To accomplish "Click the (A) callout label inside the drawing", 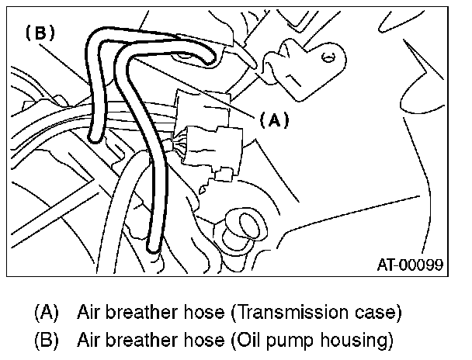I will pos(273,120).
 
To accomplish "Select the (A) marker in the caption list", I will pos(47,313).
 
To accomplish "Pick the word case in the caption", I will pos(378,313).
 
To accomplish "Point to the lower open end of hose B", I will pos(94,139).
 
